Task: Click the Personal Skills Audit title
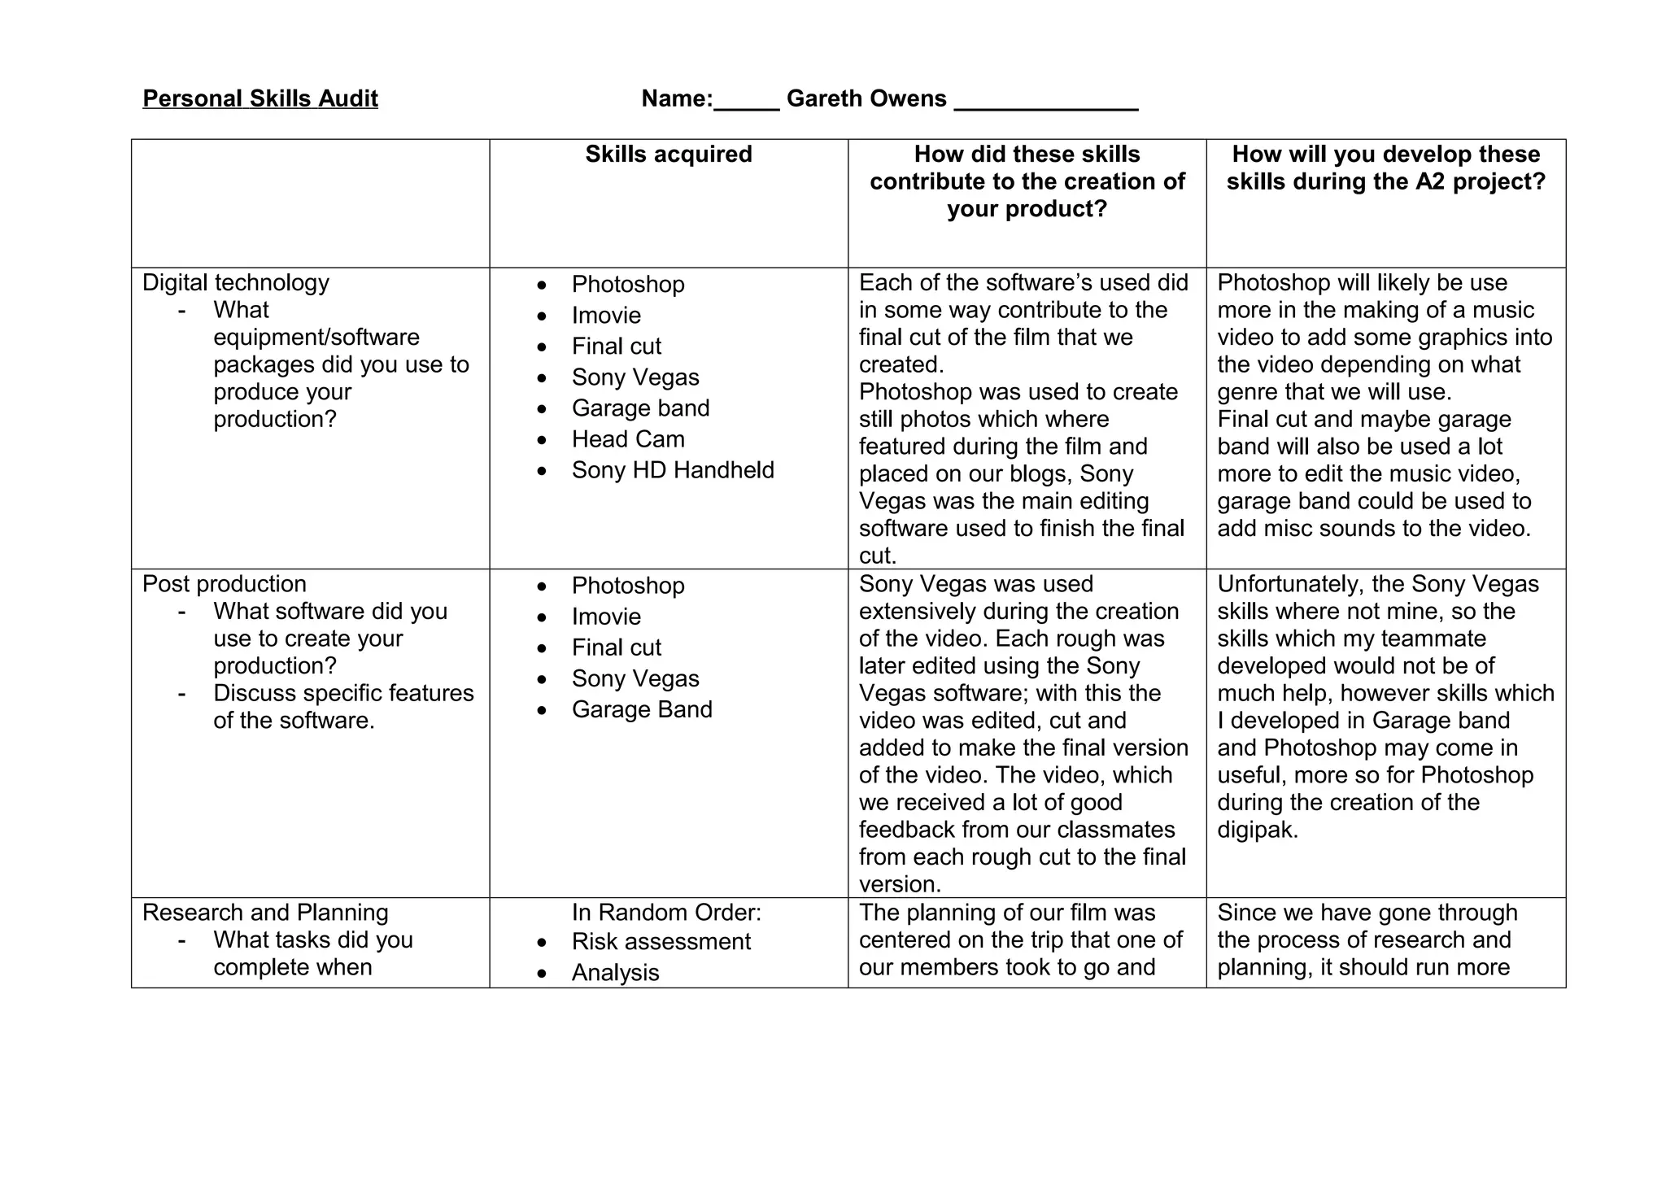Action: click(x=260, y=98)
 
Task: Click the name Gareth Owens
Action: click(x=866, y=98)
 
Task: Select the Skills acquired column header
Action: click(x=668, y=154)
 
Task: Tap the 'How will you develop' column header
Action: click(x=1385, y=168)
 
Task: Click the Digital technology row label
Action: click(x=235, y=282)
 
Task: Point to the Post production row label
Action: click(x=224, y=583)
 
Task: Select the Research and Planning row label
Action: click(x=264, y=912)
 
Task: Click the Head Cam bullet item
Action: click(x=627, y=438)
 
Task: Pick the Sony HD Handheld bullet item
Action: click(x=672, y=469)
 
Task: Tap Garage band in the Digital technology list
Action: click(x=640, y=408)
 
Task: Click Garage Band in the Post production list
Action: click(x=641, y=708)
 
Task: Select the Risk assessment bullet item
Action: click(x=661, y=941)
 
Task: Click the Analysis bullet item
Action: click(x=615, y=972)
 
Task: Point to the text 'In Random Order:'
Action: click(x=666, y=912)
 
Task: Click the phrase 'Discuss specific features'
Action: click(x=343, y=692)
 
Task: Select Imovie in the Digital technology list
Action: click(x=606, y=315)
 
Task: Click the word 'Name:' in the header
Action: click(x=677, y=98)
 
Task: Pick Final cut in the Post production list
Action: click(x=616, y=647)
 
